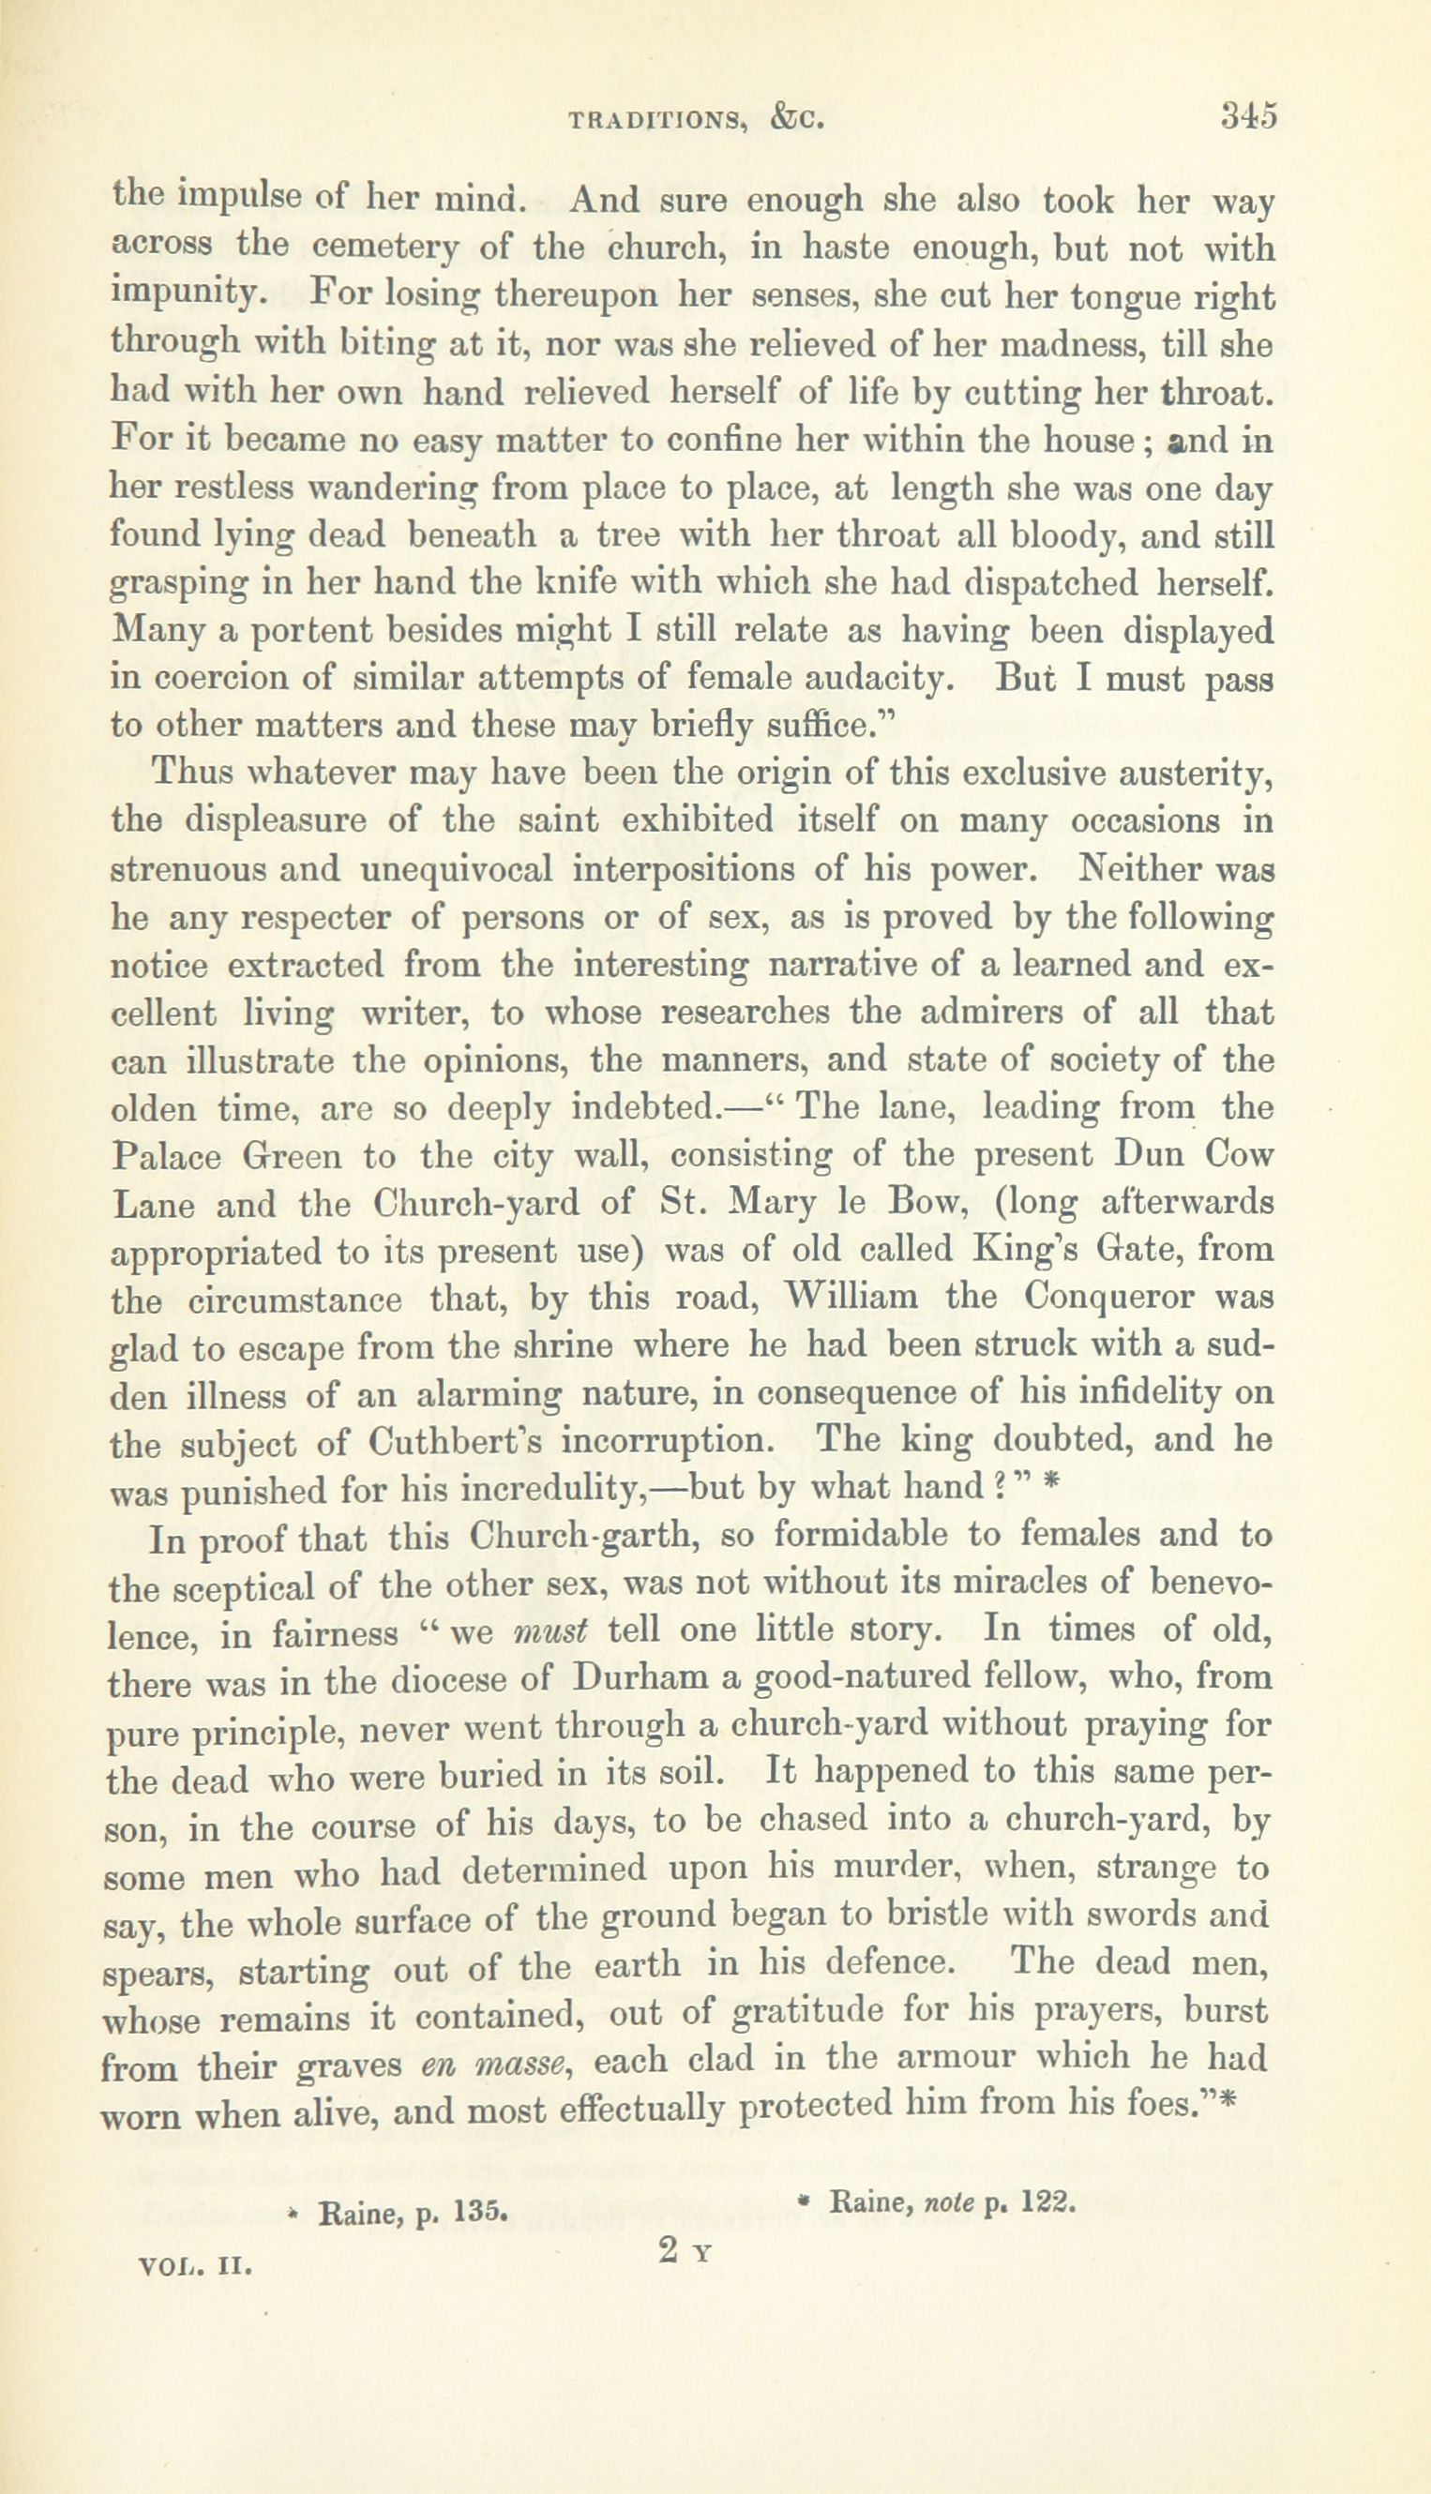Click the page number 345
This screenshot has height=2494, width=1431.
coord(1247,116)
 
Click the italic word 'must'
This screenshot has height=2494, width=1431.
coord(550,1632)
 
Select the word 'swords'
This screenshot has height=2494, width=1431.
coord(1131,1917)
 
